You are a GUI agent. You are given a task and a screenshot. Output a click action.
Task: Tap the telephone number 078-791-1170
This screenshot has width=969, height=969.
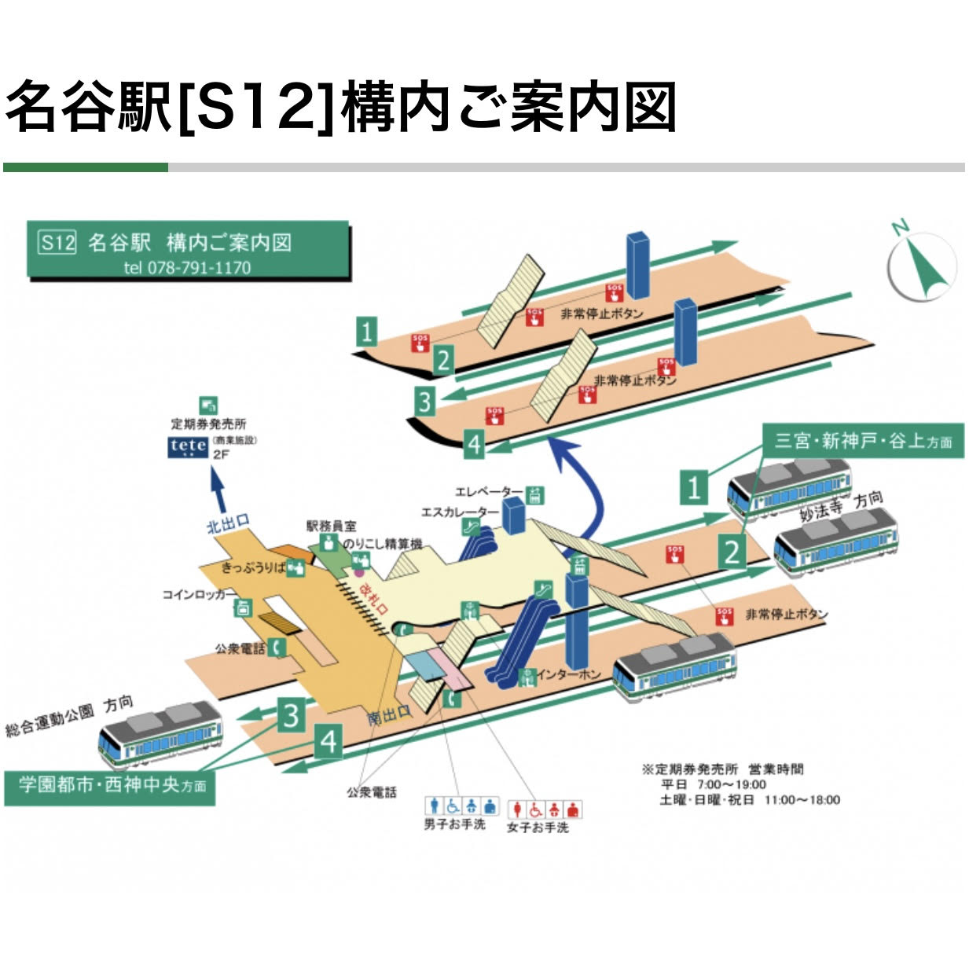click(x=188, y=267)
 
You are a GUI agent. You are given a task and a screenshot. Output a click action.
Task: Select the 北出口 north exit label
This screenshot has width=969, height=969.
click(x=228, y=523)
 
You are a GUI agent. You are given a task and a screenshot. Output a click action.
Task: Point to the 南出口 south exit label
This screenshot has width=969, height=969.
click(x=389, y=715)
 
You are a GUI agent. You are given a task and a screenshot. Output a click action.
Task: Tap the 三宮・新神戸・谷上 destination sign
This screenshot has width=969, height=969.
click(x=863, y=440)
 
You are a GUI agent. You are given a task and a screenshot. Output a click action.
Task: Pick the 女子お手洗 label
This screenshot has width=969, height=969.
click(x=537, y=828)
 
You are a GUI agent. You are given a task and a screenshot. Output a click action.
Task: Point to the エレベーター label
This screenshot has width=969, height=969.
click(x=488, y=492)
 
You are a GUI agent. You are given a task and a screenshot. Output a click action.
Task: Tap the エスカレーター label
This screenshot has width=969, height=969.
click(x=460, y=512)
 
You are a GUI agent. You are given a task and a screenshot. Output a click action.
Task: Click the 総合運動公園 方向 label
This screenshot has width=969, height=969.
click(x=69, y=715)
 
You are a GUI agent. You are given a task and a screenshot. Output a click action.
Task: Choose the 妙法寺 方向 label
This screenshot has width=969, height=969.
click(x=841, y=506)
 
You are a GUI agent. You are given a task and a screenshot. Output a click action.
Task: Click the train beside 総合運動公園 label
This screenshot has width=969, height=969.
click(x=160, y=736)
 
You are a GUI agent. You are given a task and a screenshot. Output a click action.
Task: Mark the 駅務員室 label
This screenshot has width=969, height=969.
click(x=331, y=526)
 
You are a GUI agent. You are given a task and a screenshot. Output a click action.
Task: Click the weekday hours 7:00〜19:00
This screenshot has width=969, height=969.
click(x=731, y=784)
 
